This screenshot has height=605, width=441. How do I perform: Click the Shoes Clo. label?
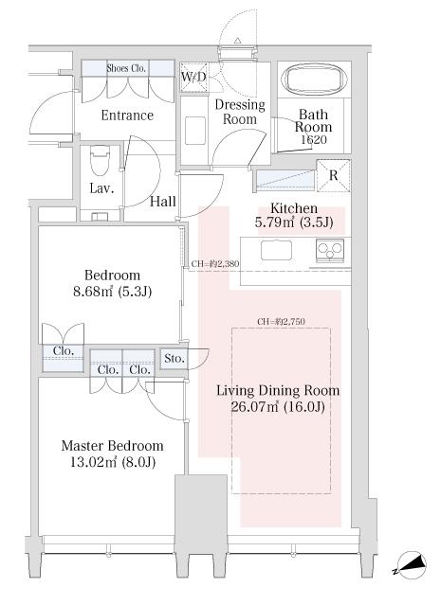click(126, 68)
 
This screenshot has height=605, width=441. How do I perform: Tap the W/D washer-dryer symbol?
click(194, 78)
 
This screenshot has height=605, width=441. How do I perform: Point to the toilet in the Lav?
click(100, 160)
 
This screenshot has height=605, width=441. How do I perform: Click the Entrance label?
click(127, 115)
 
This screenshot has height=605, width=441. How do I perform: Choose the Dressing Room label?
click(240, 112)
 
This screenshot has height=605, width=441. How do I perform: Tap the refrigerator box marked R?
click(333, 175)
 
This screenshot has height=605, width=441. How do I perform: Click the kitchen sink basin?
click(276, 250)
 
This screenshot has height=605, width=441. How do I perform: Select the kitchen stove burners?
click(330, 250)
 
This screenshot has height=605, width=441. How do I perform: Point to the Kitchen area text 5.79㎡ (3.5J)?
click(294, 222)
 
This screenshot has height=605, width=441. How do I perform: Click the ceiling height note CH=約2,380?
click(215, 264)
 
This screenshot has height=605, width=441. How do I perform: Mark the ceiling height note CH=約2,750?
click(281, 321)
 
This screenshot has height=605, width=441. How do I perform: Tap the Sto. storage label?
click(174, 359)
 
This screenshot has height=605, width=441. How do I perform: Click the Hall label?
click(163, 201)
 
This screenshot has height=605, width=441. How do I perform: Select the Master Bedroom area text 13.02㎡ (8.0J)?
click(113, 462)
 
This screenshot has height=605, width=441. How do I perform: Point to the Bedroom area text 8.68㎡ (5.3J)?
click(113, 292)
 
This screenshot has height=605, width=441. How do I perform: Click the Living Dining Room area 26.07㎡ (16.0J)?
click(278, 407)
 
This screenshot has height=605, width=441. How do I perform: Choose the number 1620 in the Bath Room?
click(314, 140)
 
